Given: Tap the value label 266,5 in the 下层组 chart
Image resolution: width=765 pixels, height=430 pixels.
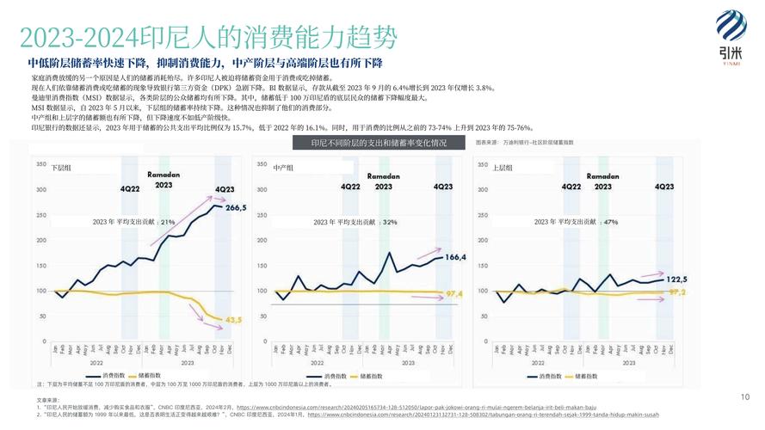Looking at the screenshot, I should click(235, 207).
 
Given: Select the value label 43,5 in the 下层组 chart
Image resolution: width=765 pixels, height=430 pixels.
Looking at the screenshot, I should click(233, 320).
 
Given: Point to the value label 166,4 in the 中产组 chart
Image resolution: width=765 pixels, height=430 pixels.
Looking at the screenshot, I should click(455, 256).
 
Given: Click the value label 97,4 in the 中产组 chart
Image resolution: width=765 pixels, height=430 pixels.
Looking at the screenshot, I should click(454, 294).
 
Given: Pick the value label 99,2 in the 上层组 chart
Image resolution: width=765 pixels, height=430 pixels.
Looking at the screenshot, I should click(677, 292).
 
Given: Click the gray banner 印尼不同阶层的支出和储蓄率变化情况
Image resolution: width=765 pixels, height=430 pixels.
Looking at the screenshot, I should click(379, 142).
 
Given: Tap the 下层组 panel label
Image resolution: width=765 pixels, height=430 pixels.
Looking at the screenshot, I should click(61, 168).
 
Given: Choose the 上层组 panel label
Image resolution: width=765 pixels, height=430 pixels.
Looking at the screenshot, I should click(503, 168).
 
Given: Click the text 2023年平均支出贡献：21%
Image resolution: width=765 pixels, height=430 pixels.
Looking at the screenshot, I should click(133, 222).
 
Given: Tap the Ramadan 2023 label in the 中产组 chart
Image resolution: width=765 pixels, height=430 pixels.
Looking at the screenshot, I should click(384, 181).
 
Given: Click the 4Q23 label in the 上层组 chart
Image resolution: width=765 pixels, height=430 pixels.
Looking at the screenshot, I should click(664, 186).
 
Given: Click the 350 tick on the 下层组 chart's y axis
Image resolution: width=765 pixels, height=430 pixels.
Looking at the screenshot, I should click(40, 163).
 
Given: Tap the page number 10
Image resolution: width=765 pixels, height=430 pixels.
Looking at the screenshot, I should click(744, 396).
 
